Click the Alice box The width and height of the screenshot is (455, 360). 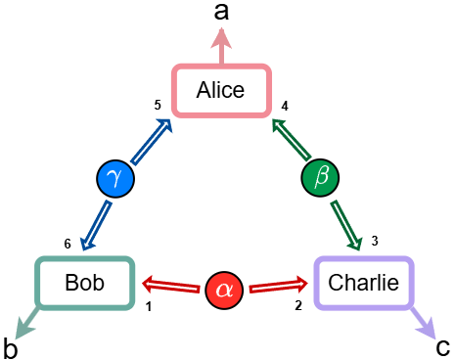(x=220, y=91)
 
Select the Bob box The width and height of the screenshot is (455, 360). (x=84, y=284)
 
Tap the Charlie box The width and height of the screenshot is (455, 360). (x=363, y=284)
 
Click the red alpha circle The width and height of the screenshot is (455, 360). (x=224, y=289)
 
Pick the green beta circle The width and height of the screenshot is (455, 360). (x=319, y=178)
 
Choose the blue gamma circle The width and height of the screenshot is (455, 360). (x=115, y=178)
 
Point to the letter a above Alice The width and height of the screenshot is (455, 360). (x=222, y=12)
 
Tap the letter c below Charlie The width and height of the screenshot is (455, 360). (x=442, y=346)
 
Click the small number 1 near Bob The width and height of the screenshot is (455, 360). (x=149, y=307)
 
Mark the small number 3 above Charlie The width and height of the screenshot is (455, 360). (x=374, y=241)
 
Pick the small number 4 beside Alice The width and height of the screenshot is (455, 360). (x=285, y=106)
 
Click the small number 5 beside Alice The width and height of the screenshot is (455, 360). (x=157, y=105)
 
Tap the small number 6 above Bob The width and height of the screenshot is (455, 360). (x=68, y=244)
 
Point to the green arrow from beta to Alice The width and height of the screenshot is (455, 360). (x=291, y=139)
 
